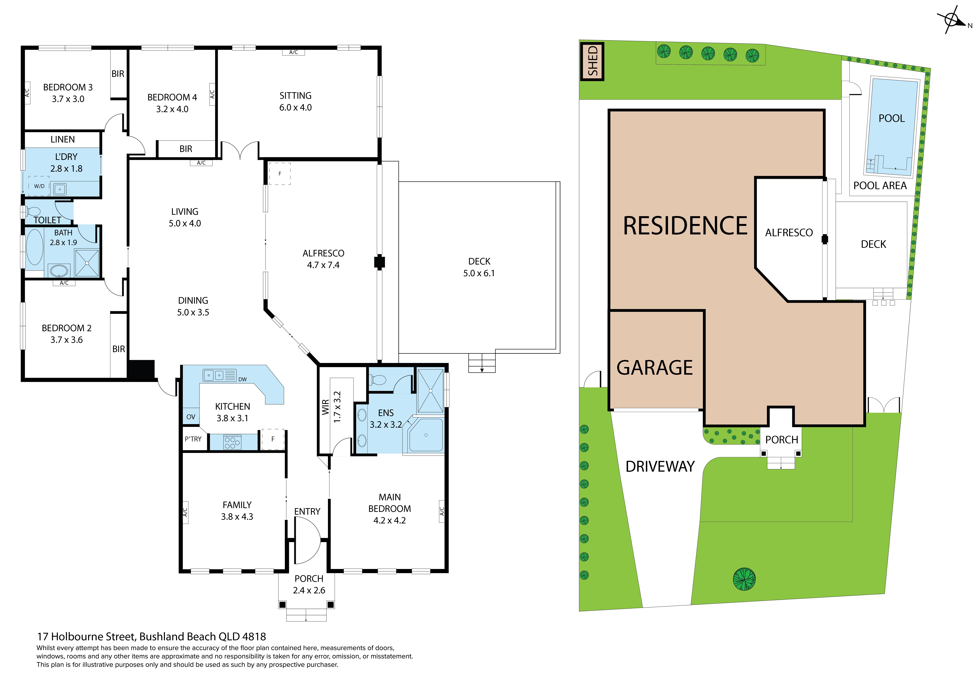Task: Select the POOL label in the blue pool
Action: pos(892,118)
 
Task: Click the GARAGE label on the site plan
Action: pos(655,367)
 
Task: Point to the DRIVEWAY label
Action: pos(660,467)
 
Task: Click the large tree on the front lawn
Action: pos(744,579)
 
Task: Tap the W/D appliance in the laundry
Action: pos(39,186)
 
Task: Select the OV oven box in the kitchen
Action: pos(191,417)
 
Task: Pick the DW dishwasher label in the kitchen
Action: pos(242,379)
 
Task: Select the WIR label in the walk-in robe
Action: pos(325,407)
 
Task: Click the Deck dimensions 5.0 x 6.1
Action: pos(479,273)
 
